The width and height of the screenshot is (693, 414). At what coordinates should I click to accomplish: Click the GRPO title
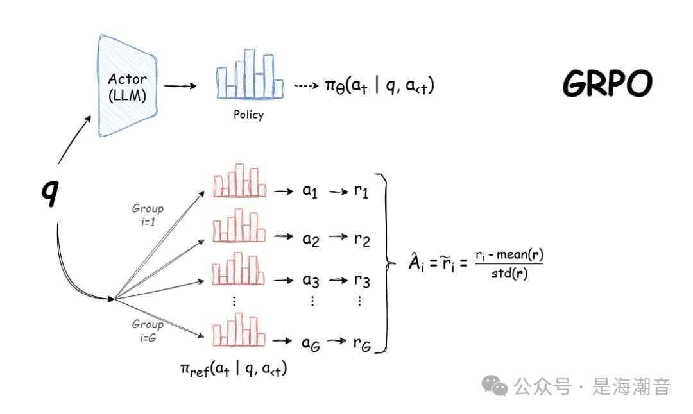[607, 83]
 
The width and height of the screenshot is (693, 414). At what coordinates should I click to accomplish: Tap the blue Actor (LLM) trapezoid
[127, 86]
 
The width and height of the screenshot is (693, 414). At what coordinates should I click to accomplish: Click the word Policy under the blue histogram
[248, 115]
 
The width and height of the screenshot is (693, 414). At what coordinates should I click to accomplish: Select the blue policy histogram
[250, 74]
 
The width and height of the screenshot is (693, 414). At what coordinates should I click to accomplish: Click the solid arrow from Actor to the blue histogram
[180, 86]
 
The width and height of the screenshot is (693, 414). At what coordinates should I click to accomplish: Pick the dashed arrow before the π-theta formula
[306, 85]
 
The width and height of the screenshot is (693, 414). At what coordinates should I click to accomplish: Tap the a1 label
[310, 191]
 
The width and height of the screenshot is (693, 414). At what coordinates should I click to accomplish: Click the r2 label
[362, 240]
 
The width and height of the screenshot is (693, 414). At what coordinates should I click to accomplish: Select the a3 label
[311, 280]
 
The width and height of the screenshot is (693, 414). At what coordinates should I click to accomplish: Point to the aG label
[311, 344]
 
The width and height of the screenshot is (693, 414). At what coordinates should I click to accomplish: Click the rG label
[362, 344]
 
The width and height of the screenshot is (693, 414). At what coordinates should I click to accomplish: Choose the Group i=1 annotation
[148, 215]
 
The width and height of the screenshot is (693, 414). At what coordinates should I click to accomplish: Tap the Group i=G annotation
[148, 331]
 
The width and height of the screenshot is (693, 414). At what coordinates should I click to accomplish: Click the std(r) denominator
[509, 274]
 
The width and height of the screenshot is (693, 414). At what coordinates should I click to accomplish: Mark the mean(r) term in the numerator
[520, 254]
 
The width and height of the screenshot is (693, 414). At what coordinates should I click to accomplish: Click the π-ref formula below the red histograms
[234, 369]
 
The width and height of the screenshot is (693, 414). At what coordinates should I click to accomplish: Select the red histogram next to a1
[239, 181]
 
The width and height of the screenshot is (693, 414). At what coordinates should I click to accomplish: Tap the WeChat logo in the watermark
[495, 386]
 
